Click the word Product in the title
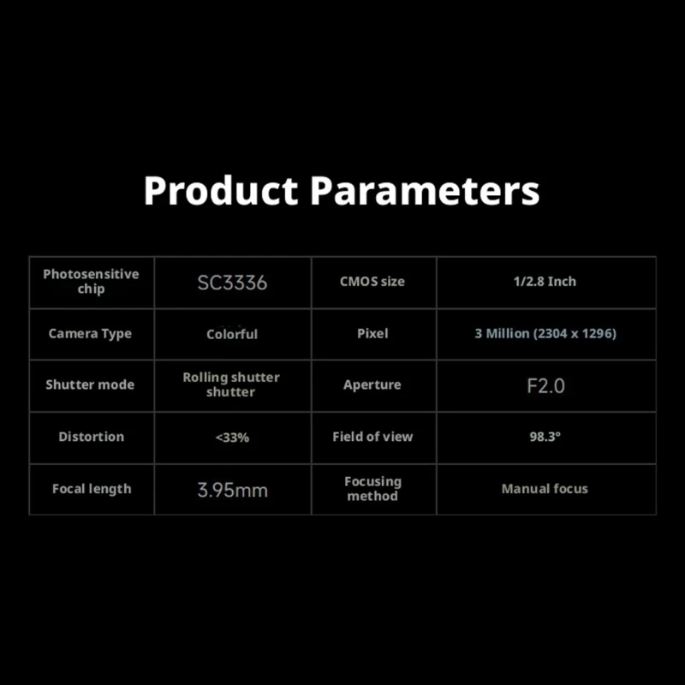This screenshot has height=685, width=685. pyautogui.click(x=221, y=191)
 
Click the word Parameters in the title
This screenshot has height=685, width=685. pyautogui.click(x=425, y=191)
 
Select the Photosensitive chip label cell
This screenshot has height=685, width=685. pyautogui.click(x=92, y=282)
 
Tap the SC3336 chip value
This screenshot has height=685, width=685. pyautogui.click(x=232, y=283)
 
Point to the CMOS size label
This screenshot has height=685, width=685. pyautogui.click(x=372, y=282)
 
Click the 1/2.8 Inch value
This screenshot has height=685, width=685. pyautogui.click(x=545, y=282)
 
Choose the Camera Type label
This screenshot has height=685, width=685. pyautogui.click(x=90, y=334)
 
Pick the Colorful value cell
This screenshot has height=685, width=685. pyautogui.click(x=232, y=334)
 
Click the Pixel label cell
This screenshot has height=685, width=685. pyautogui.click(x=372, y=333)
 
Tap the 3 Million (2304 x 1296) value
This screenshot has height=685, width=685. pyautogui.click(x=545, y=333)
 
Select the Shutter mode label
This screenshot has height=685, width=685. pyautogui.click(x=90, y=384)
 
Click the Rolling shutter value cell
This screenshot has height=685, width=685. pyautogui.click(x=231, y=384)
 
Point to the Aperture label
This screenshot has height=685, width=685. pyautogui.click(x=372, y=384)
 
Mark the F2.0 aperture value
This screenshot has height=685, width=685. pyautogui.click(x=545, y=386)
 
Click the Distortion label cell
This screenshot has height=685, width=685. pyautogui.click(x=92, y=437)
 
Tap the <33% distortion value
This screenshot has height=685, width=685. pyautogui.click(x=232, y=438)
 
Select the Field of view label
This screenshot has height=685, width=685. pyautogui.click(x=372, y=437)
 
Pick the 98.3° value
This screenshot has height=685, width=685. pyautogui.click(x=545, y=437)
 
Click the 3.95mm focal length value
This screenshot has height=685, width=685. pyautogui.click(x=232, y=490)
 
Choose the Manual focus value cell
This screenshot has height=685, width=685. pyautogui.click(x=545, y=488)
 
